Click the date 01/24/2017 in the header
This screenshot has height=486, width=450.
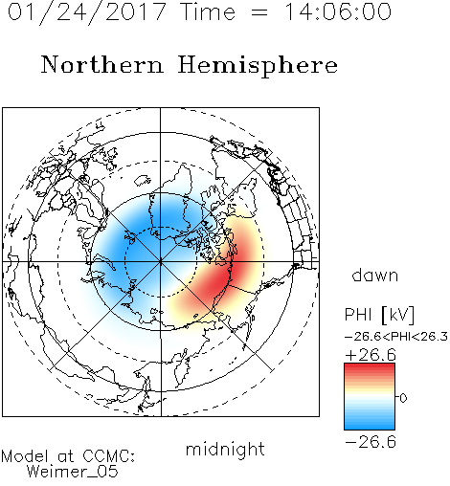point(87,12)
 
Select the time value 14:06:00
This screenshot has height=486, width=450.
point(338,12)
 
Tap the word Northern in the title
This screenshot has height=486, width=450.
point(102,65)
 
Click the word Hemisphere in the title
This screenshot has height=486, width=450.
point(258,66)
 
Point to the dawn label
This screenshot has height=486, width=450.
point(375,275)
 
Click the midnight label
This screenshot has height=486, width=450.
point(225,450)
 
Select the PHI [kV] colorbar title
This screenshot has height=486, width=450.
point(379,315)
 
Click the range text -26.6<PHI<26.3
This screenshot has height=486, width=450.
point(396,337)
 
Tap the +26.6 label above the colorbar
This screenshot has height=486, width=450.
point(371,355)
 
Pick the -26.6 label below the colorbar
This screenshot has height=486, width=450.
point(371,442)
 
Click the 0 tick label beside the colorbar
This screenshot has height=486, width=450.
point(403,398)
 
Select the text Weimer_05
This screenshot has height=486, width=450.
point(73,472)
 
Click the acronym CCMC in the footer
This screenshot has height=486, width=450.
point(108,456)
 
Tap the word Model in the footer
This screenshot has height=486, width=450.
point(25,456)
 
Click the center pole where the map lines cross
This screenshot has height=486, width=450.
point(161,261)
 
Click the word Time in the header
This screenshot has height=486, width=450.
point(208,12)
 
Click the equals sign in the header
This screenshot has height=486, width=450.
point(259,13)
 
